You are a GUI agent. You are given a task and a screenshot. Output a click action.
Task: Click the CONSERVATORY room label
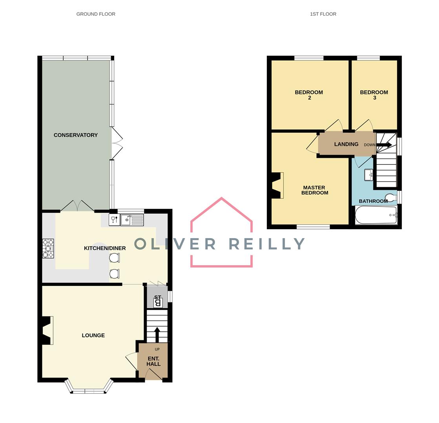pos(76,135)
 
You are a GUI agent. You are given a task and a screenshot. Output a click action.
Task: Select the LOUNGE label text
pos(93,335)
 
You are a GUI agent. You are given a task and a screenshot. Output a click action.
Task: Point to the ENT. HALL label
pos(153,361)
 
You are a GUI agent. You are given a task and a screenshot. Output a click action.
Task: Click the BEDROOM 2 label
pos(309,95)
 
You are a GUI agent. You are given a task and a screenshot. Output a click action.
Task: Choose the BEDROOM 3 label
pos(374,95)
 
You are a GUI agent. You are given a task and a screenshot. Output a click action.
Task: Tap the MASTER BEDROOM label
pos(315,190)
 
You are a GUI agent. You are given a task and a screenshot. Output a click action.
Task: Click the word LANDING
pos(346,144)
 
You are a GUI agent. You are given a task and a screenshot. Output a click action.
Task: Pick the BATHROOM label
pos(373,201)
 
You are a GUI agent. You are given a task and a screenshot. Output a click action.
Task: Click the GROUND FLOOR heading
pos(96,14)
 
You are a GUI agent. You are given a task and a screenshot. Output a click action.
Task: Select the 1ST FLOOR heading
pos(323,14)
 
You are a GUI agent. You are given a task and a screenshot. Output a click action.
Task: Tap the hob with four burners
pos(48,248)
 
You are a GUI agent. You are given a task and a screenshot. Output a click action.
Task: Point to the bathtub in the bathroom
pos(376,215)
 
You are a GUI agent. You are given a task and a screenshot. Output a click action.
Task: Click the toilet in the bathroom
pos(391,197)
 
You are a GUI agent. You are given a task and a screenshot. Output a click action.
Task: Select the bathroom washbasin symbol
pos(369,175)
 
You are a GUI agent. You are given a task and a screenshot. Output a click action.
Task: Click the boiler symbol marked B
pos(158,302)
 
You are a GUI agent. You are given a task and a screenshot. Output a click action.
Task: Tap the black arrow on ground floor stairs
pos(157,335)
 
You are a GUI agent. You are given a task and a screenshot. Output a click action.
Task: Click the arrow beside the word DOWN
pos(384,145)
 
